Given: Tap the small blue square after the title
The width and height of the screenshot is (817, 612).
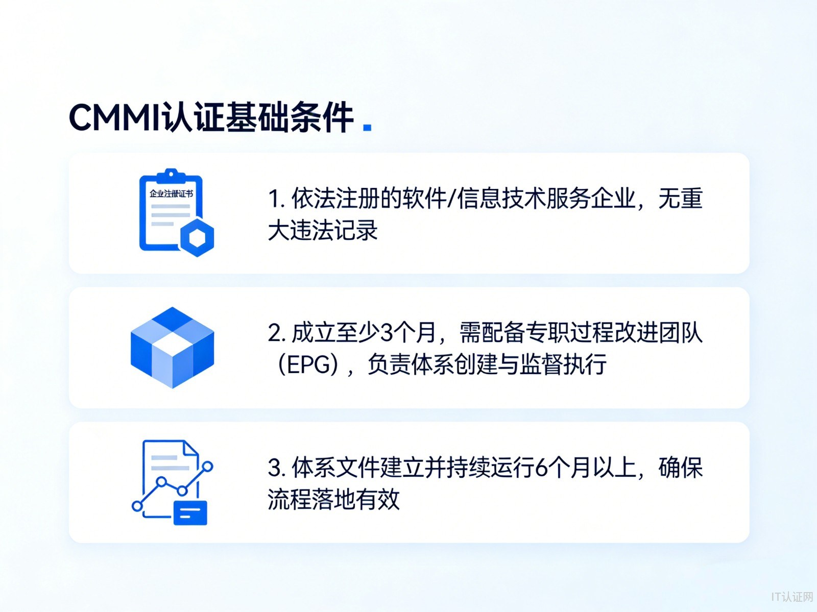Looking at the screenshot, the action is point(367,127).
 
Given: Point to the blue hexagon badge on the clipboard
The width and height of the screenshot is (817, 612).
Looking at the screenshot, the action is point(197,238).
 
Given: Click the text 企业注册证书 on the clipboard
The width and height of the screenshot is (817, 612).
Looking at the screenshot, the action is point(171,194).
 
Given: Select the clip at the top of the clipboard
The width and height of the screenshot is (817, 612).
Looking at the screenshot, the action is point(171,175).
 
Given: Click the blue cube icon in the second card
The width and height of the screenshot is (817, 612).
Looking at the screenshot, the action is point(172,348).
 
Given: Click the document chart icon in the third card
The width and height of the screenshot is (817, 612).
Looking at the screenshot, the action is point(172,482).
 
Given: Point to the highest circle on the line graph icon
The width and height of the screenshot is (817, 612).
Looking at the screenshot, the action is point(208,466).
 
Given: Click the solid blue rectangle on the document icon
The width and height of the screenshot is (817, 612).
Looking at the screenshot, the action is point(190,512).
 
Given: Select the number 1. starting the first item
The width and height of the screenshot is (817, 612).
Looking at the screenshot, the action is point(277,198).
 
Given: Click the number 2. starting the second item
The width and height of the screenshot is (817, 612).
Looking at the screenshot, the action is point(277,333).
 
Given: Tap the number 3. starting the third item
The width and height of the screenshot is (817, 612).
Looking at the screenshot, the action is point(277,468).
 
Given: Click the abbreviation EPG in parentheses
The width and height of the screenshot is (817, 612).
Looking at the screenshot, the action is point(308,365).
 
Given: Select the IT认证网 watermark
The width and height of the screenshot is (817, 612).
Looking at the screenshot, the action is point(791,597).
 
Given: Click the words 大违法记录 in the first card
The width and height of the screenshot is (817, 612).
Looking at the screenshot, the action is point(323,230).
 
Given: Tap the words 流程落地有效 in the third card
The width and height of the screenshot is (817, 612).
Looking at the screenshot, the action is point(333,499).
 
